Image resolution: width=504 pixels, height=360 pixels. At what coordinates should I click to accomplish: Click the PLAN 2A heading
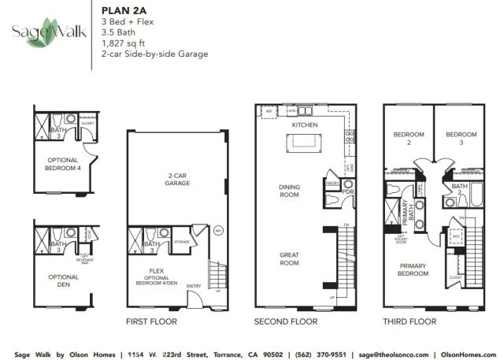point(121,10)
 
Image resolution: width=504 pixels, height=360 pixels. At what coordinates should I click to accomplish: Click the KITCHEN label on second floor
point(303,124)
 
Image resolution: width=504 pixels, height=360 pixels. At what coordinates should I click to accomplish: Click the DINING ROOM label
point(289,190)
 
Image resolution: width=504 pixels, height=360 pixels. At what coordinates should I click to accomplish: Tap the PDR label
point(347,191)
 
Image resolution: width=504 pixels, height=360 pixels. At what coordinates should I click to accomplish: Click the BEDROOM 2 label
point(408,139)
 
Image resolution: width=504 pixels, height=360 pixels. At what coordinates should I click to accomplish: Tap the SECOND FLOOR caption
point(285,321)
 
